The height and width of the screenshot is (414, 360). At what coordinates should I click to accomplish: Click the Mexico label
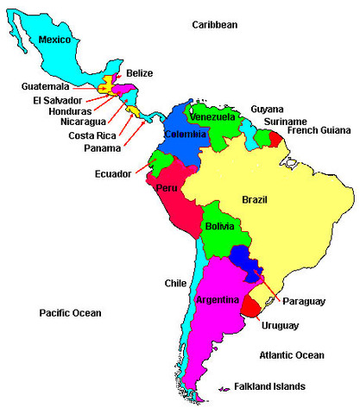coord(55,40)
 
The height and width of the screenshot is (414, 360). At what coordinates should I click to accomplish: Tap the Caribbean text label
coord(214,25)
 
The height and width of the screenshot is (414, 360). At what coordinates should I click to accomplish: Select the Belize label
coord(140,73)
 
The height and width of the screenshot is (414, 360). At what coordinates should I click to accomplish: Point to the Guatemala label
coord(46,86)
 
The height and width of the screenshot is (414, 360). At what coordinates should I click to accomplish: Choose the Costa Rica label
coord(86,135)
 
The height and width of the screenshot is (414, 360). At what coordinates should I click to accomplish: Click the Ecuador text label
coord(113,174)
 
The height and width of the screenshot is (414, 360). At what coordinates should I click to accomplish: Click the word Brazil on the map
coord(254,199)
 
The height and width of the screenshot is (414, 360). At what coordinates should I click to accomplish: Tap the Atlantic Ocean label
coord(292,355)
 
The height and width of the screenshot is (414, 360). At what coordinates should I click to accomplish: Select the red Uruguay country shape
coord(251,304)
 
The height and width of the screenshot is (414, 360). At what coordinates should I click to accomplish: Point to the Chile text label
coord(175,283)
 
